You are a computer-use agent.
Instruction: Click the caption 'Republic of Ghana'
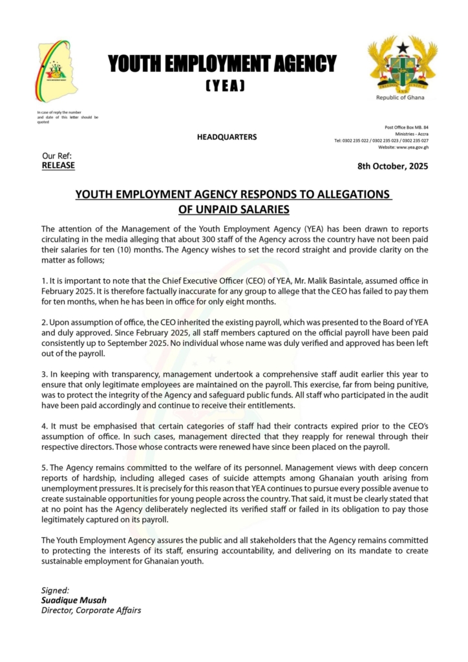(401, 98)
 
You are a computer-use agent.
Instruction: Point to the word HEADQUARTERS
(226, 137)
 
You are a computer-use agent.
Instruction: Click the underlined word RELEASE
(58, 165)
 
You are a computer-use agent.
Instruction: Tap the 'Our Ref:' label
(57, 156)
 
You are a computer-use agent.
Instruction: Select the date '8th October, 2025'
(392, 166)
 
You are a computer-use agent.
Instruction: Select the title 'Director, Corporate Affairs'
(91, 610)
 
